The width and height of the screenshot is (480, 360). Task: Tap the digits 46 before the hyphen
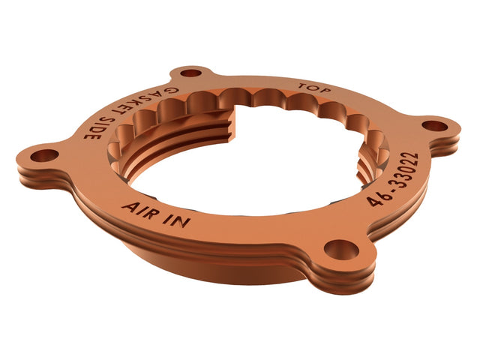point(375,197)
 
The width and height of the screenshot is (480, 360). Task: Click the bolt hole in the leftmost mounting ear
point(45,155)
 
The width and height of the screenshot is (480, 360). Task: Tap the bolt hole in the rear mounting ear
point(192,73)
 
